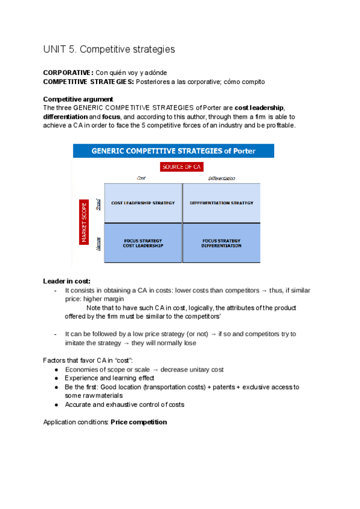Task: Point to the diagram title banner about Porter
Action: [x=173, y=151]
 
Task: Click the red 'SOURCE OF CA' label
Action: [x=182, y=167]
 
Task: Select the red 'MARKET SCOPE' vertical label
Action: [x=84, y=222]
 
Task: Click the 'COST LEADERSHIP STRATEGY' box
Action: [x=143, y=203]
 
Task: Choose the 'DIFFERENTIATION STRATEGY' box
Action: [x=221, y=203]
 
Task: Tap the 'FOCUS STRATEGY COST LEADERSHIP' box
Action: [x=143, y=243]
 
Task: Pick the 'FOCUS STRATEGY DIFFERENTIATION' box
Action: [x=221, y=243]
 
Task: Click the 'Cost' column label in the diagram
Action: [x=142, y=178]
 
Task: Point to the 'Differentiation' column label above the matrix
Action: [x=221, y=178]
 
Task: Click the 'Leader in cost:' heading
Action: [x=67, y=281]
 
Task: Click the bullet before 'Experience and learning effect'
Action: [x=55, y=378]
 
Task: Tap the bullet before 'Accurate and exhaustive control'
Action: [x=55, y=405]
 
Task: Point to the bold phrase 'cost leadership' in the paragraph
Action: [x=259, y=107]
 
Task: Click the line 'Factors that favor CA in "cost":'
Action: [x=88, y=360]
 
